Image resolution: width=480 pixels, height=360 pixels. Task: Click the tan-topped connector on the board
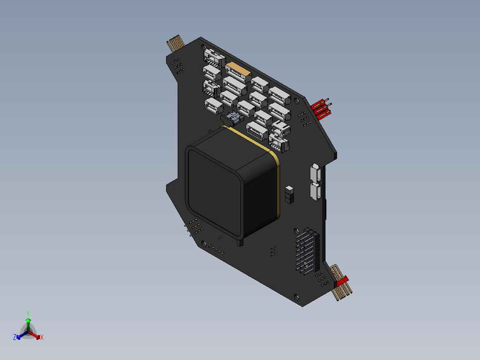(x=236, y=70)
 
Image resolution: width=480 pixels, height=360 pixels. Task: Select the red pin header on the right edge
(x=321, y=109)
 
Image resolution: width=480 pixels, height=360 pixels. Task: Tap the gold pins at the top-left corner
(x=175, y=43)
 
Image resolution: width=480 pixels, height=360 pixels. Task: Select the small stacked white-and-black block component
(x=289, y=194)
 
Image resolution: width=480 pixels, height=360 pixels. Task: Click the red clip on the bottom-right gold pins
(x=342, y=282)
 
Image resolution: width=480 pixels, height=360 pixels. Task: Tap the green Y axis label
(x=28, y=313)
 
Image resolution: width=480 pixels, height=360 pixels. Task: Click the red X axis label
(x=41, y=338)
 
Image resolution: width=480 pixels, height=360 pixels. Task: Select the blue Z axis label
(x=15, y=338)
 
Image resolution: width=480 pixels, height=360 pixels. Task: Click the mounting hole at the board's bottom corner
(x=297, y=295)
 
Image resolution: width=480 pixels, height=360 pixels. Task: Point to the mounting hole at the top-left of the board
(x=204, y=47)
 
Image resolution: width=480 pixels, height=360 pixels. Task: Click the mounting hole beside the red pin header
(x=298, y=100)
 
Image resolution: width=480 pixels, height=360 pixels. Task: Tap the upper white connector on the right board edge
(x=315, y=172)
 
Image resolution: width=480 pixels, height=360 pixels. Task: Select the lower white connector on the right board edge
(x=316, y=191)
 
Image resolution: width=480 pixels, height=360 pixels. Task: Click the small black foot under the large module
(x=240, y=242)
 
